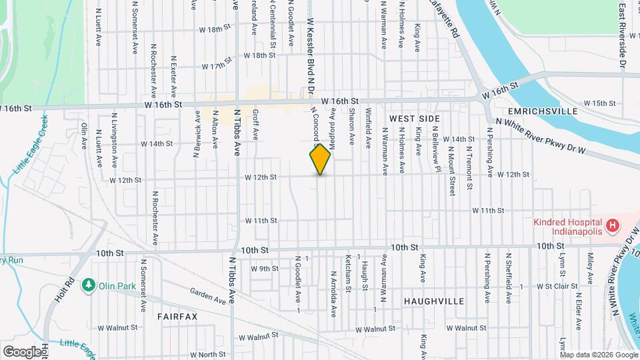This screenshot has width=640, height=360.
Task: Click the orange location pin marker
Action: pyautogui.click(x=320, y=159)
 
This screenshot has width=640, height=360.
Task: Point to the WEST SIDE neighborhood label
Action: pyautogui.click(x=414, y=118)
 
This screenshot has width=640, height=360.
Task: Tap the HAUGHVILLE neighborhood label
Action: pyautogui.click(x=434, y=301)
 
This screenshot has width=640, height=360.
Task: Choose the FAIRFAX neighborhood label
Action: pyautogui.click(x=178, y=316)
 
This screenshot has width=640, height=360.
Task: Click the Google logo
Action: pyautogui.click(x=22, y=351)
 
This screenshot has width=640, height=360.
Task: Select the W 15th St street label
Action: pyautogui.click(x=599, y=103)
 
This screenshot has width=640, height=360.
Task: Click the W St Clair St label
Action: pyautogui.click(x=549, y=286)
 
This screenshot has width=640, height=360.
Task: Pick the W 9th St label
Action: pyautogui.click(x=264, y=269)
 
